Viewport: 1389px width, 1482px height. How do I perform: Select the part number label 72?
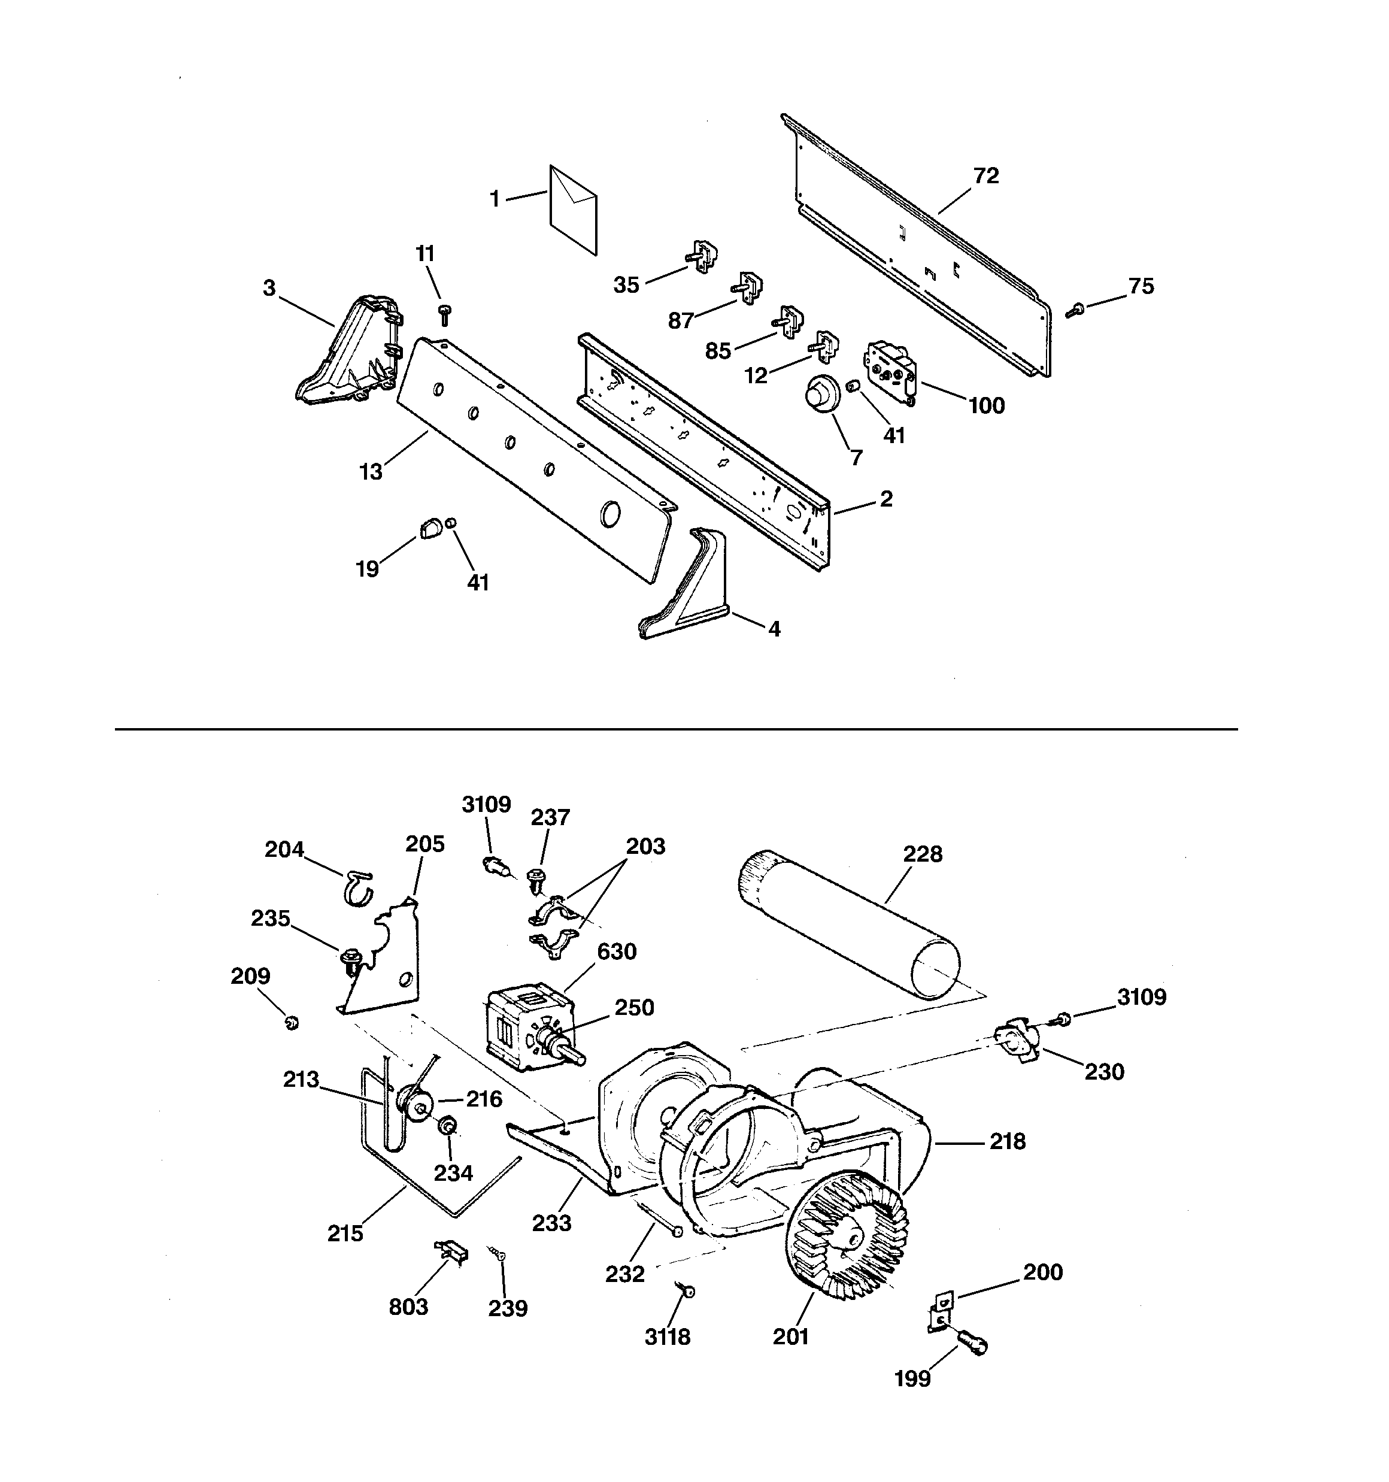point(985,176)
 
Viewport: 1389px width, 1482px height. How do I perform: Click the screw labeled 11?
point(445,314)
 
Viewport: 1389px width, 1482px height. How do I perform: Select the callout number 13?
point(371,472)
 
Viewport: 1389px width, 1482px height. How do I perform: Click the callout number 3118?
point(668,1357)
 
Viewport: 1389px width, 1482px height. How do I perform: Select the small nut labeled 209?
point(292,1023)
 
